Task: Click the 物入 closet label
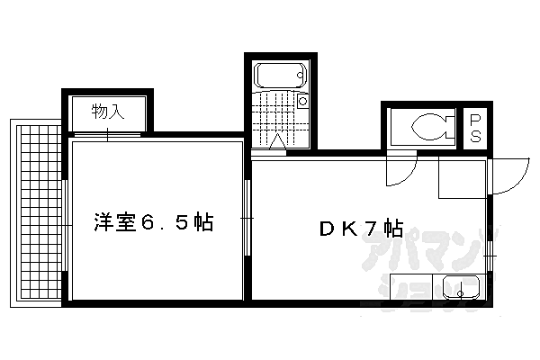coord(108,112)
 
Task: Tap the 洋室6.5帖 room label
coord(154,222)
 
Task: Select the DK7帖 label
coord(361,228)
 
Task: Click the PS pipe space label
coord(475,129)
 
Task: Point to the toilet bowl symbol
coord(433,127)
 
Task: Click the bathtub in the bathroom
coord(280,76)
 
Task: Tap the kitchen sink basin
coord(461,287)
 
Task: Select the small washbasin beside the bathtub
coord(302,101)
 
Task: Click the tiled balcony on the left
coord(39,213)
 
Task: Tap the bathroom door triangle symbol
coord(277,142)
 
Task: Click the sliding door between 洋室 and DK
coord(247,218)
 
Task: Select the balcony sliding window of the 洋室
coord(66,226)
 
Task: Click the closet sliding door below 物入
coord(107,135)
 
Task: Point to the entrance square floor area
coord(463,178)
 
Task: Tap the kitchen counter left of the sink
coord(411,286)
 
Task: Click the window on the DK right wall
coord(490,256)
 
